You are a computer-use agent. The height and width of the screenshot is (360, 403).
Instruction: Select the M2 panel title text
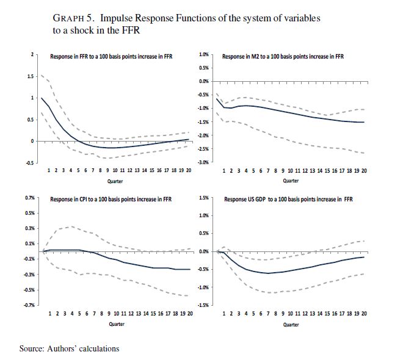(283, 57)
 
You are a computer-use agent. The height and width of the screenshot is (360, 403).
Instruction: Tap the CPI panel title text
(111, 199)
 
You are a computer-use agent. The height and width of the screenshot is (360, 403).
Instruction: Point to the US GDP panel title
(288, 199)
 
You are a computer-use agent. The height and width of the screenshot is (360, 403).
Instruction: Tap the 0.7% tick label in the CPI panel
(28, 198)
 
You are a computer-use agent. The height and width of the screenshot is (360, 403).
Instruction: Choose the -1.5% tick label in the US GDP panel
(205, 304)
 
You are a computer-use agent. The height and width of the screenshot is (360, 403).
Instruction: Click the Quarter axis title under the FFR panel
(116, 181)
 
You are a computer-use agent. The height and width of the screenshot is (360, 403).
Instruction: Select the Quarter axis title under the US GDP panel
(291, 324)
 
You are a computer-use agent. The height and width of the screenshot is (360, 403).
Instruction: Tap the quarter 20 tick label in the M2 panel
(364, 171)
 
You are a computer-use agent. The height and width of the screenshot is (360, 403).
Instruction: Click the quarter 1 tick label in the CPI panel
(49, 314)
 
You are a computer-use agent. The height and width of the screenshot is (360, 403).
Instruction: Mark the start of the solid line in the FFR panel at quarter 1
(41, 98)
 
